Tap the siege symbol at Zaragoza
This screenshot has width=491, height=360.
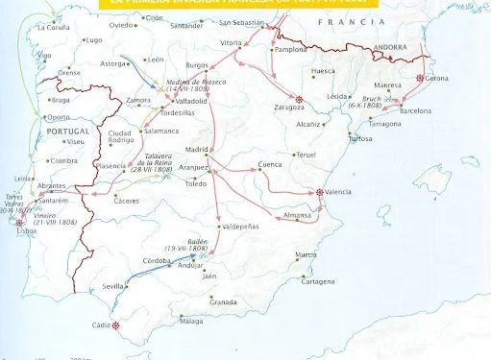pyautogui.click(x=299, y=99)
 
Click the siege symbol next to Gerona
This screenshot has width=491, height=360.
pyautogui.click(x=421, y=80)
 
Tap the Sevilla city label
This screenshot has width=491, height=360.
pyautogui.click(x=113, y=286)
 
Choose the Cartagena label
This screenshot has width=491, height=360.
pyautogui.click(x=317, y=281)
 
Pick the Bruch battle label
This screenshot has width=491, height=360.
pyautogui.click(x=377, y=101)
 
